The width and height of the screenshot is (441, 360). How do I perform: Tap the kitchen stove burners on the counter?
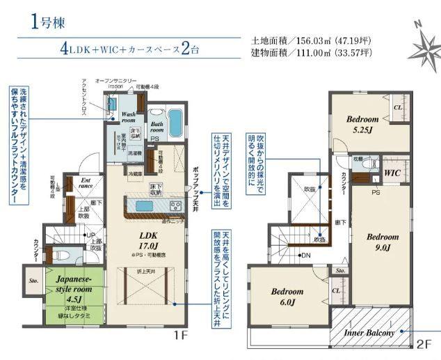tap(175, 205)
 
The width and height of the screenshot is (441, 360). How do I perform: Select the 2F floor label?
tap(424, 343)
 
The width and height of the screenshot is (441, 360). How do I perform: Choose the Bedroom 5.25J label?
tap(362, 123)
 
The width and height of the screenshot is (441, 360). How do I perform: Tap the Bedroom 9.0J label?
tap(381, 241)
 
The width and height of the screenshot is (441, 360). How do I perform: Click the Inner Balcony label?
tap(370, 333)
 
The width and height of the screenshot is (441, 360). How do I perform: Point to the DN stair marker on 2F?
tap(305, 256)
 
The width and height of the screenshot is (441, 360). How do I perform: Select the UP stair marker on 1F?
tap(88, 235)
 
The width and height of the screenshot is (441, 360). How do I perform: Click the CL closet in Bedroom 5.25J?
tap(398, 108)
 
